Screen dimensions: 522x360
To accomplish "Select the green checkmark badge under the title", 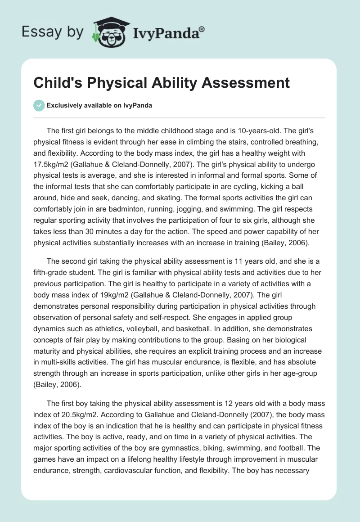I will pos(39,105).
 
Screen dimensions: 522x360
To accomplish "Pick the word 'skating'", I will pos(238,199).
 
